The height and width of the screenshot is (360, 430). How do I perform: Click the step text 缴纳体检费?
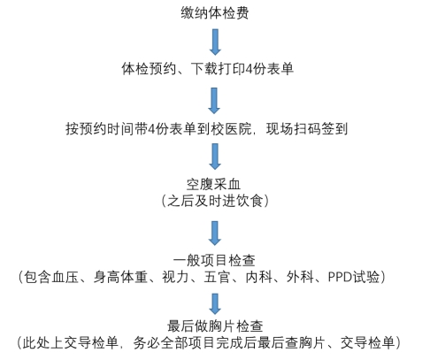[x=215, y=13]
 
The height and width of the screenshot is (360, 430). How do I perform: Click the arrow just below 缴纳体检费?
[x=215, y=42]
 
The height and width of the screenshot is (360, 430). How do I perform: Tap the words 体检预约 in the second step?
[x=149, y=69]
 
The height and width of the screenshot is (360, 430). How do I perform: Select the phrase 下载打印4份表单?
[x=242, y=69]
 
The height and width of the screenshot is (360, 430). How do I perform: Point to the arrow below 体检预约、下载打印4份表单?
[x=214, y=101]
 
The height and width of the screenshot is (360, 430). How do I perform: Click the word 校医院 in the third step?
[x=231, y=129]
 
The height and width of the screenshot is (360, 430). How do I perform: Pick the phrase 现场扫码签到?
[x=307, y=129]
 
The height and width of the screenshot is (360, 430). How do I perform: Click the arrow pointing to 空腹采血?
[x=215, y=157]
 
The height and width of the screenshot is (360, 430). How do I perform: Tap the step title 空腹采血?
[x=213, y=184]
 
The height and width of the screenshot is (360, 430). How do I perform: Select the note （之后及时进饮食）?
[x=215, y=201]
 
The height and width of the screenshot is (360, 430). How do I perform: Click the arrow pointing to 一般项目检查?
[x=215, y=233]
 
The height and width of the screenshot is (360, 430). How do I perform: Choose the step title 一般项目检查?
[x=214, y=260]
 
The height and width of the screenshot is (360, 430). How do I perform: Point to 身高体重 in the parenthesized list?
[x=120, y=277]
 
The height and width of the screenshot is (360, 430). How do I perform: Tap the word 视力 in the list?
[x=175, y=277]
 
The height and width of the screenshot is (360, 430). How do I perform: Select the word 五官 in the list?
[x=217, y=277]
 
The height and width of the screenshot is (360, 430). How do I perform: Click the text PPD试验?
[x=354, y=277]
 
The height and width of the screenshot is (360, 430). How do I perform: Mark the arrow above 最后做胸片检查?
[x=215, y=304]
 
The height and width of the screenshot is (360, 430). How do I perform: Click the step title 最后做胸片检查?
[x=215, y=326]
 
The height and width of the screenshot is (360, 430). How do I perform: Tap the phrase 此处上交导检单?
[x=71, y=342]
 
